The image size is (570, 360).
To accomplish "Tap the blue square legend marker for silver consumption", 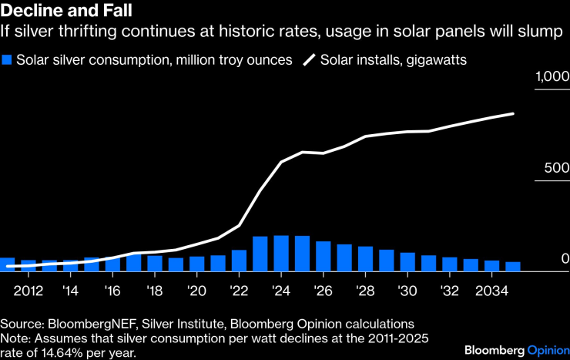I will (x=7, y=59).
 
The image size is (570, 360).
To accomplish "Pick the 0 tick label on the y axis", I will (x=564, y=259).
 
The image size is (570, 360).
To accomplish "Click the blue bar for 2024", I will (x=281, y=254).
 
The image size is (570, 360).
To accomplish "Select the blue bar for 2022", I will (x=239, y=261).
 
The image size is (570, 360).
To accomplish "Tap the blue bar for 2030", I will (x=407, y=262).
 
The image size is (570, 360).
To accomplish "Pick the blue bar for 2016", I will (x=112, y=264).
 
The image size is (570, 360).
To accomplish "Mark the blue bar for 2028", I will (x=365, y=259).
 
